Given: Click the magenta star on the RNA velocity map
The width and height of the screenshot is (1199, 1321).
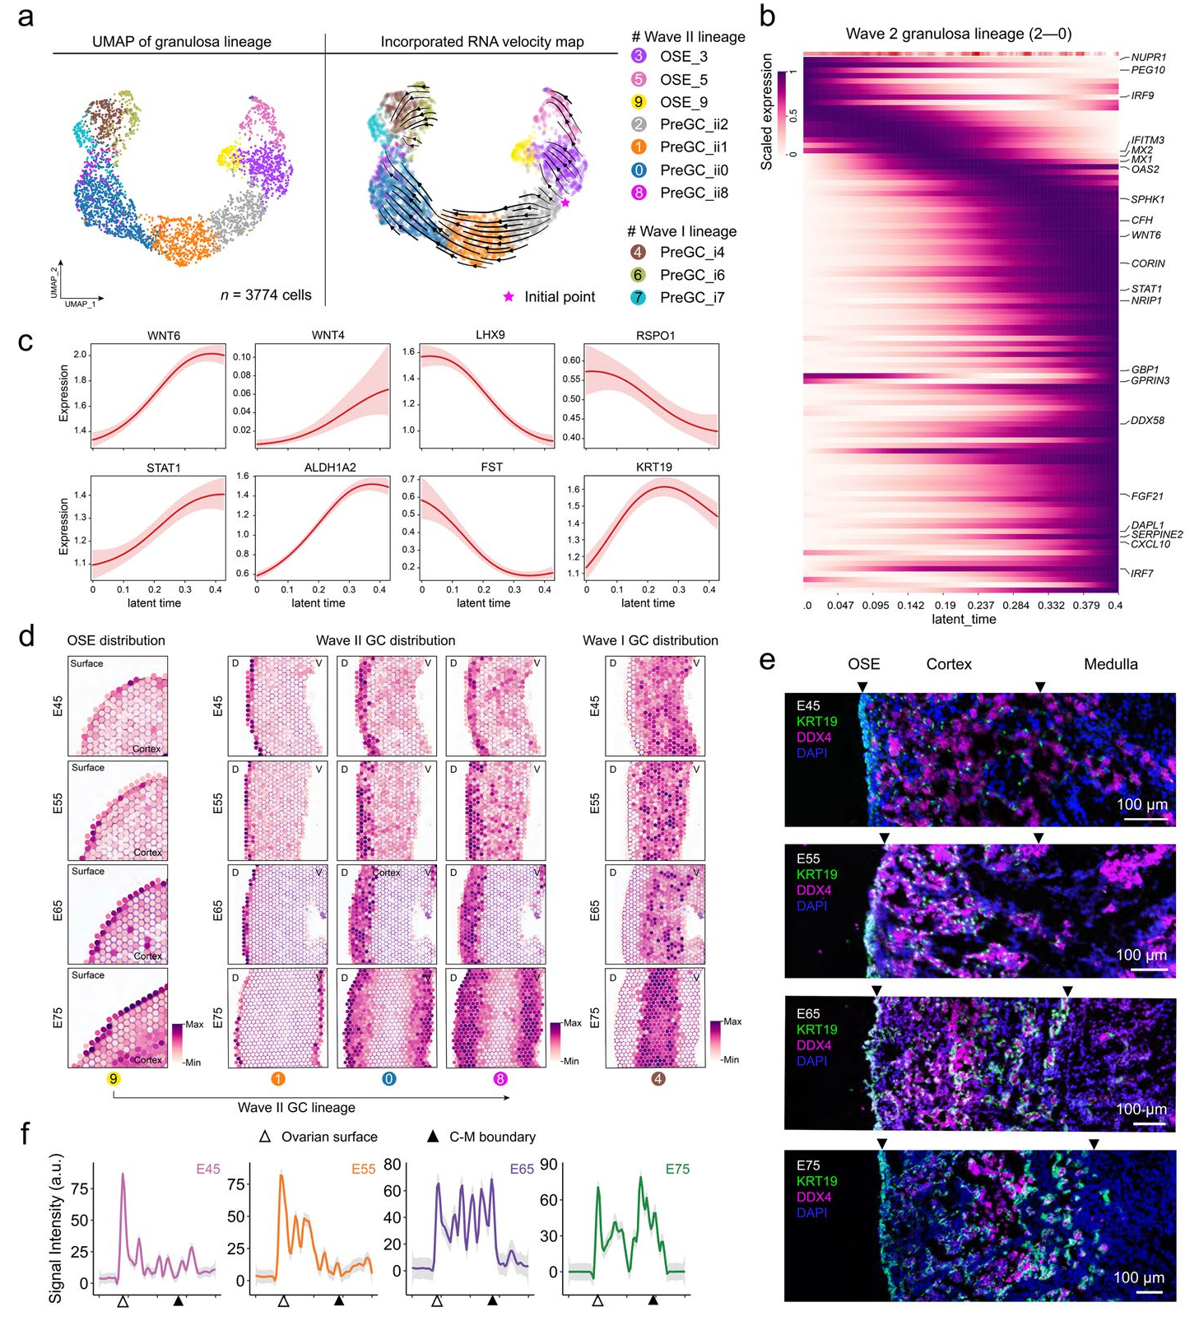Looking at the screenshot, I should point(565,202).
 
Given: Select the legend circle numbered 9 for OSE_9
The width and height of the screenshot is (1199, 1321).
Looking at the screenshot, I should point(639,102).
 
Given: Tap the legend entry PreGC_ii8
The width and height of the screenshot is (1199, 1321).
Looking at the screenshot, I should point(694,193).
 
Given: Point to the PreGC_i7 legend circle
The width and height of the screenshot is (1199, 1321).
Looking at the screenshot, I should point(639,297).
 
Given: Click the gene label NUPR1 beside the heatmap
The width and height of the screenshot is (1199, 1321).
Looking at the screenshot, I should point(1148,58).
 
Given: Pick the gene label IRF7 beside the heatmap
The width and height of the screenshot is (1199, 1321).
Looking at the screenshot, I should point(1142,573).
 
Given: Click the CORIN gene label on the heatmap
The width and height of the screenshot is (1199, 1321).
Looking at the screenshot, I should point(1148,263).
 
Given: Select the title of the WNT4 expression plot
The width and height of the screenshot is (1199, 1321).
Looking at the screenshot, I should point(328,336).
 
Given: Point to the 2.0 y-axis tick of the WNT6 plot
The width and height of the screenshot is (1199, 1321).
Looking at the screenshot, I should point(80,355).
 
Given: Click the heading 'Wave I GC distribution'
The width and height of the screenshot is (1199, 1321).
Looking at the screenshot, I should point(650,640).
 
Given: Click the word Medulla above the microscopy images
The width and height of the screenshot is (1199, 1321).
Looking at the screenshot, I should point(1110,664).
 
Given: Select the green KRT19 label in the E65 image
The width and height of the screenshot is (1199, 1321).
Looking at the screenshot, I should point(816,1030).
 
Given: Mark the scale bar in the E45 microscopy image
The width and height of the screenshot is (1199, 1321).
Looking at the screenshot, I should point(1142,819).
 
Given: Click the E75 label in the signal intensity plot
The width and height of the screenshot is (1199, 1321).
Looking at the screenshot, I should point(677,1169).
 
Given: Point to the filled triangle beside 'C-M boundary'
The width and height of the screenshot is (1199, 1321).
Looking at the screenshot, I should point(433,1137).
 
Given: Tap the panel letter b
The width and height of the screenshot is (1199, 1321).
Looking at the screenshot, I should point(767,16).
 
